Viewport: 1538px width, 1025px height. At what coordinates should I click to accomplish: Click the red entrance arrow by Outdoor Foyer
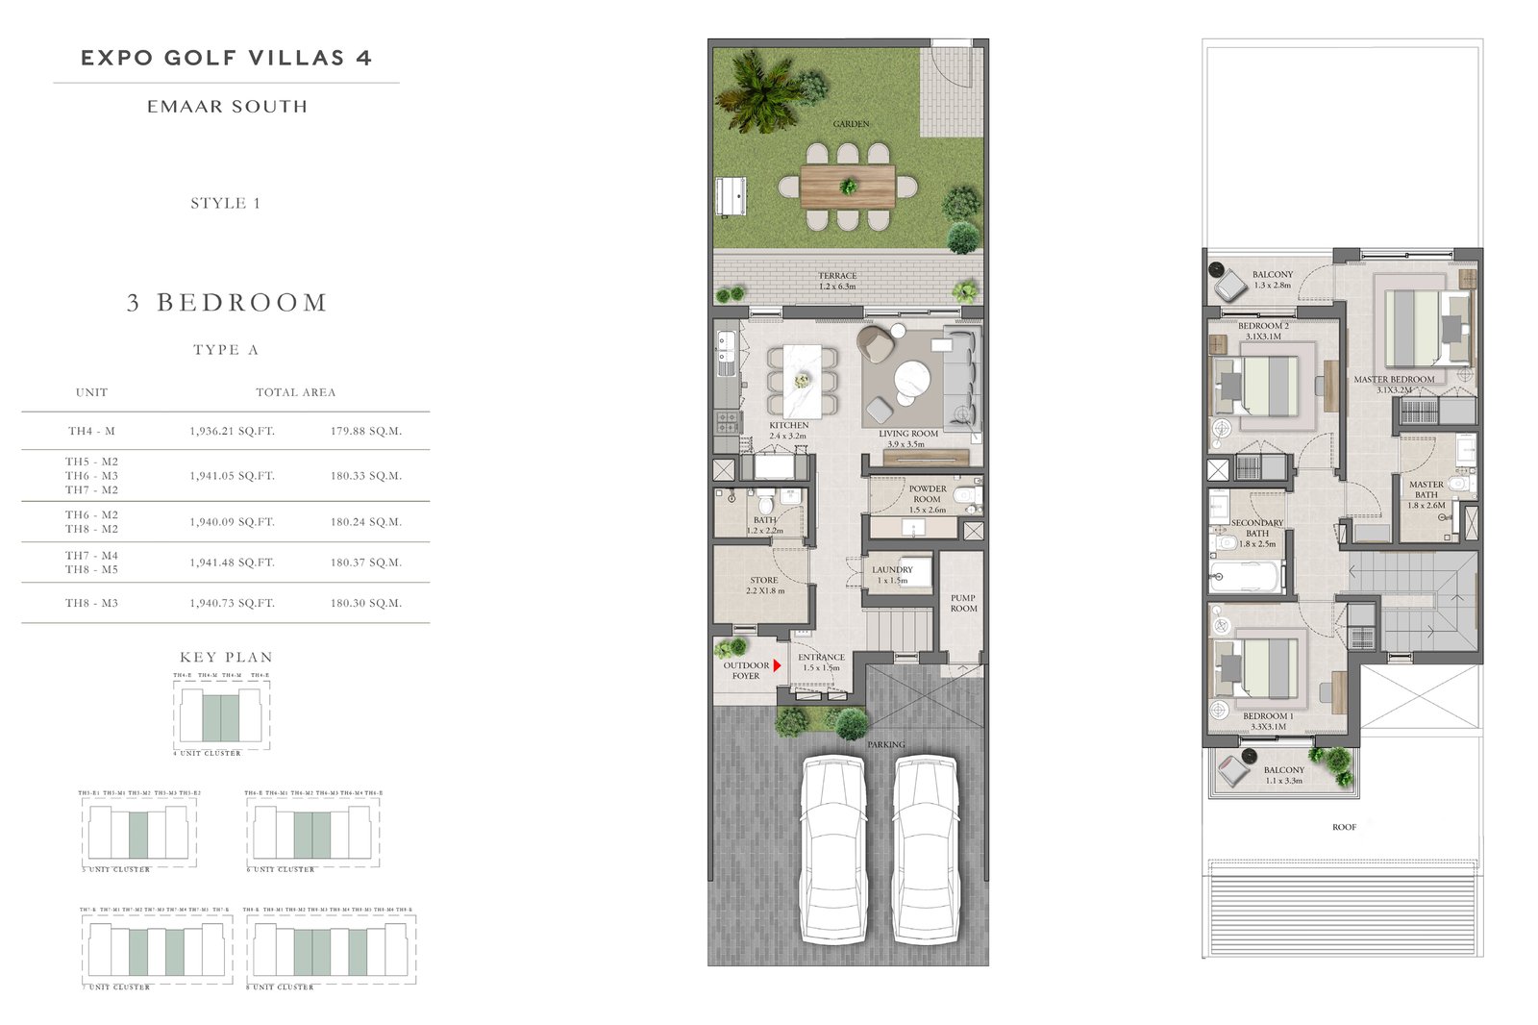point(777,665)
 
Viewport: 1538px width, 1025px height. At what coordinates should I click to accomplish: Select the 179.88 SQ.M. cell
point(365,432)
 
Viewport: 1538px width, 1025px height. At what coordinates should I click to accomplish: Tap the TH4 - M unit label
point(91,432)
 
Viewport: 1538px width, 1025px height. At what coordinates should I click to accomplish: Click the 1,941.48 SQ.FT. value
point(232,562)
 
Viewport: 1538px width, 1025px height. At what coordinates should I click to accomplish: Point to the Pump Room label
point(963,603)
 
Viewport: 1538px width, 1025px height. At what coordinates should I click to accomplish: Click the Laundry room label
point(892,574)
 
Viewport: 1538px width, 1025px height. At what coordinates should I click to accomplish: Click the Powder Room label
point(927,494)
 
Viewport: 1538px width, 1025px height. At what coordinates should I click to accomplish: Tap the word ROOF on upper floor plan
point(1344,827)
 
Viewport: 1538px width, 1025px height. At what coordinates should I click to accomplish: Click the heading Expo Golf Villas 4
point(226,58)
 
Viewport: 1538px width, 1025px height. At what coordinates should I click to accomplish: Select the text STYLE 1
point(225,203)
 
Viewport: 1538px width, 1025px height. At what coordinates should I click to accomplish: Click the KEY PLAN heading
point(226,658)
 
